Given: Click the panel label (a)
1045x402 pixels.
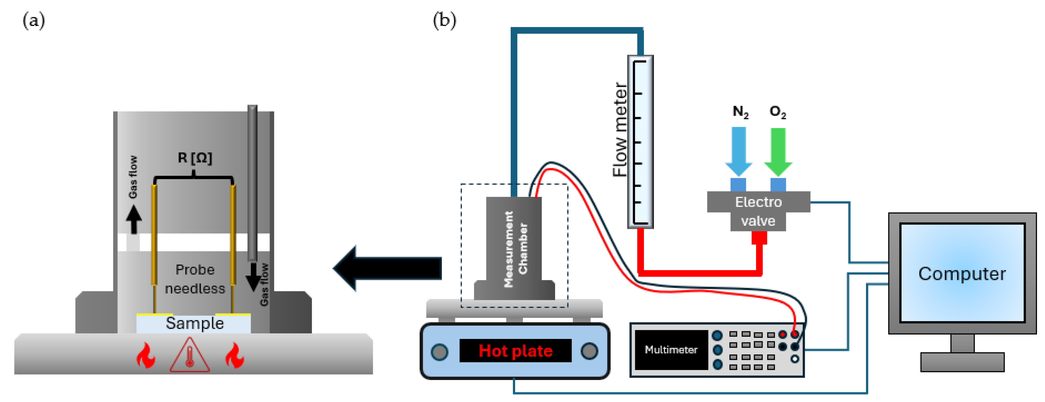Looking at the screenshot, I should point(34,20).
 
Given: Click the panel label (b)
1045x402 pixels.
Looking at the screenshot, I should point(444,20).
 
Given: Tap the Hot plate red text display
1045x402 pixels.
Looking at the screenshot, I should point(515,351).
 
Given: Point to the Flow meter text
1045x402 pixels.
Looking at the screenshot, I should point(619,130).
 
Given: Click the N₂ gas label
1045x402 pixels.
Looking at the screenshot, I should point(740,112).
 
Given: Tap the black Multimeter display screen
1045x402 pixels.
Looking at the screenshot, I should point(671,350).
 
